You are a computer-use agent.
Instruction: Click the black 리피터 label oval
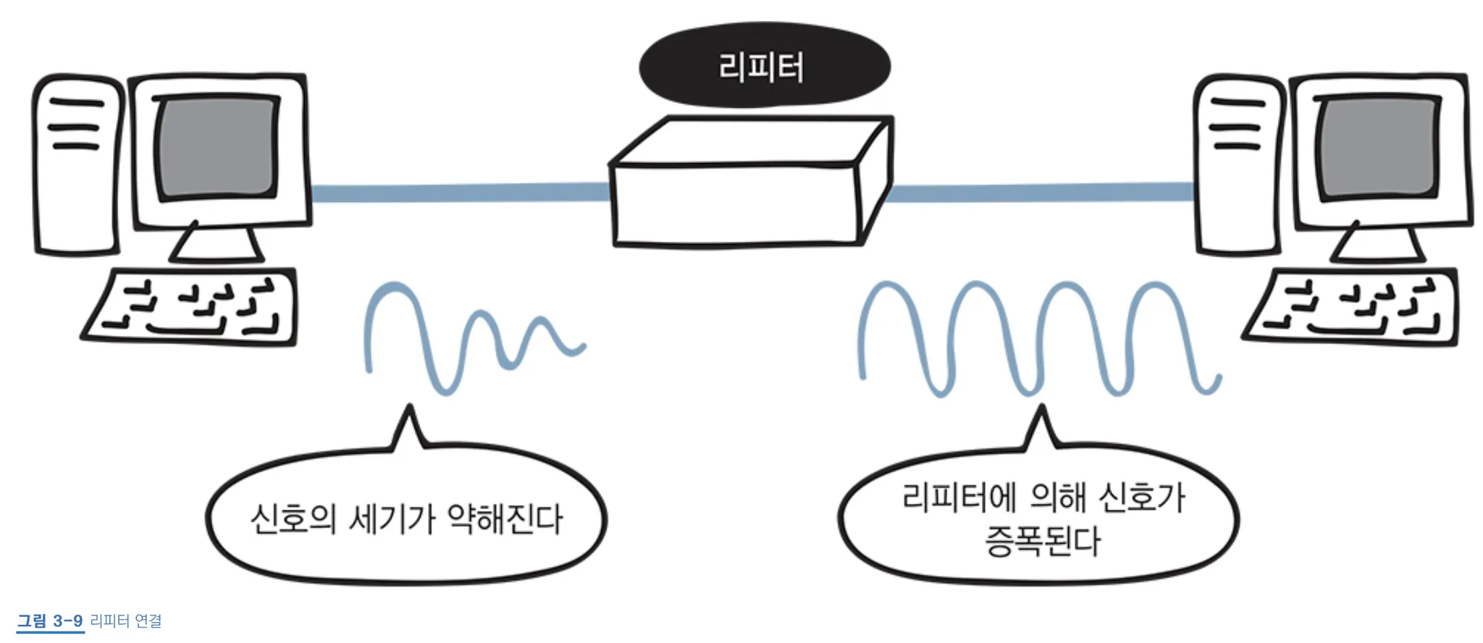pyautogui.click(x=764, y=66)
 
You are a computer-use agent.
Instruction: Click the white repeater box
pyautogui.click(x=751, y=182)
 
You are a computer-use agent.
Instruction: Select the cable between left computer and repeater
pyautogui.click(x=461, y=193)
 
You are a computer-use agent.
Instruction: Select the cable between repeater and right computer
pyautogui.click(x=1041, y=192)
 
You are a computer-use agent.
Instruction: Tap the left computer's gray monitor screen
pyautogui.click(x=218, y=148)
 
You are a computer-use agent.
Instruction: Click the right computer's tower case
pyautogui.click(x=1239, y=165)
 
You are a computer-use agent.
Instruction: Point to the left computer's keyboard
pyautogui.click(x=190, y=307)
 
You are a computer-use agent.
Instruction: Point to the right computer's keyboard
pyautogui.click(x=1351, y=307)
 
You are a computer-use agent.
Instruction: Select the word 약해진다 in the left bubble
pyautogui.click(x=505, y=518)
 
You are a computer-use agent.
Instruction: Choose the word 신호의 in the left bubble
pyautogui.click(x=293, y=518)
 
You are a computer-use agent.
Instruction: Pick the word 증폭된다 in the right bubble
pyautogui.click(x=1043, y=541)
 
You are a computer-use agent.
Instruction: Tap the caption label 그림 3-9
pyautogui.click(x=50, y=621)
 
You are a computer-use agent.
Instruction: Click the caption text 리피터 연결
pyautogui.click(x=126, y=621)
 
